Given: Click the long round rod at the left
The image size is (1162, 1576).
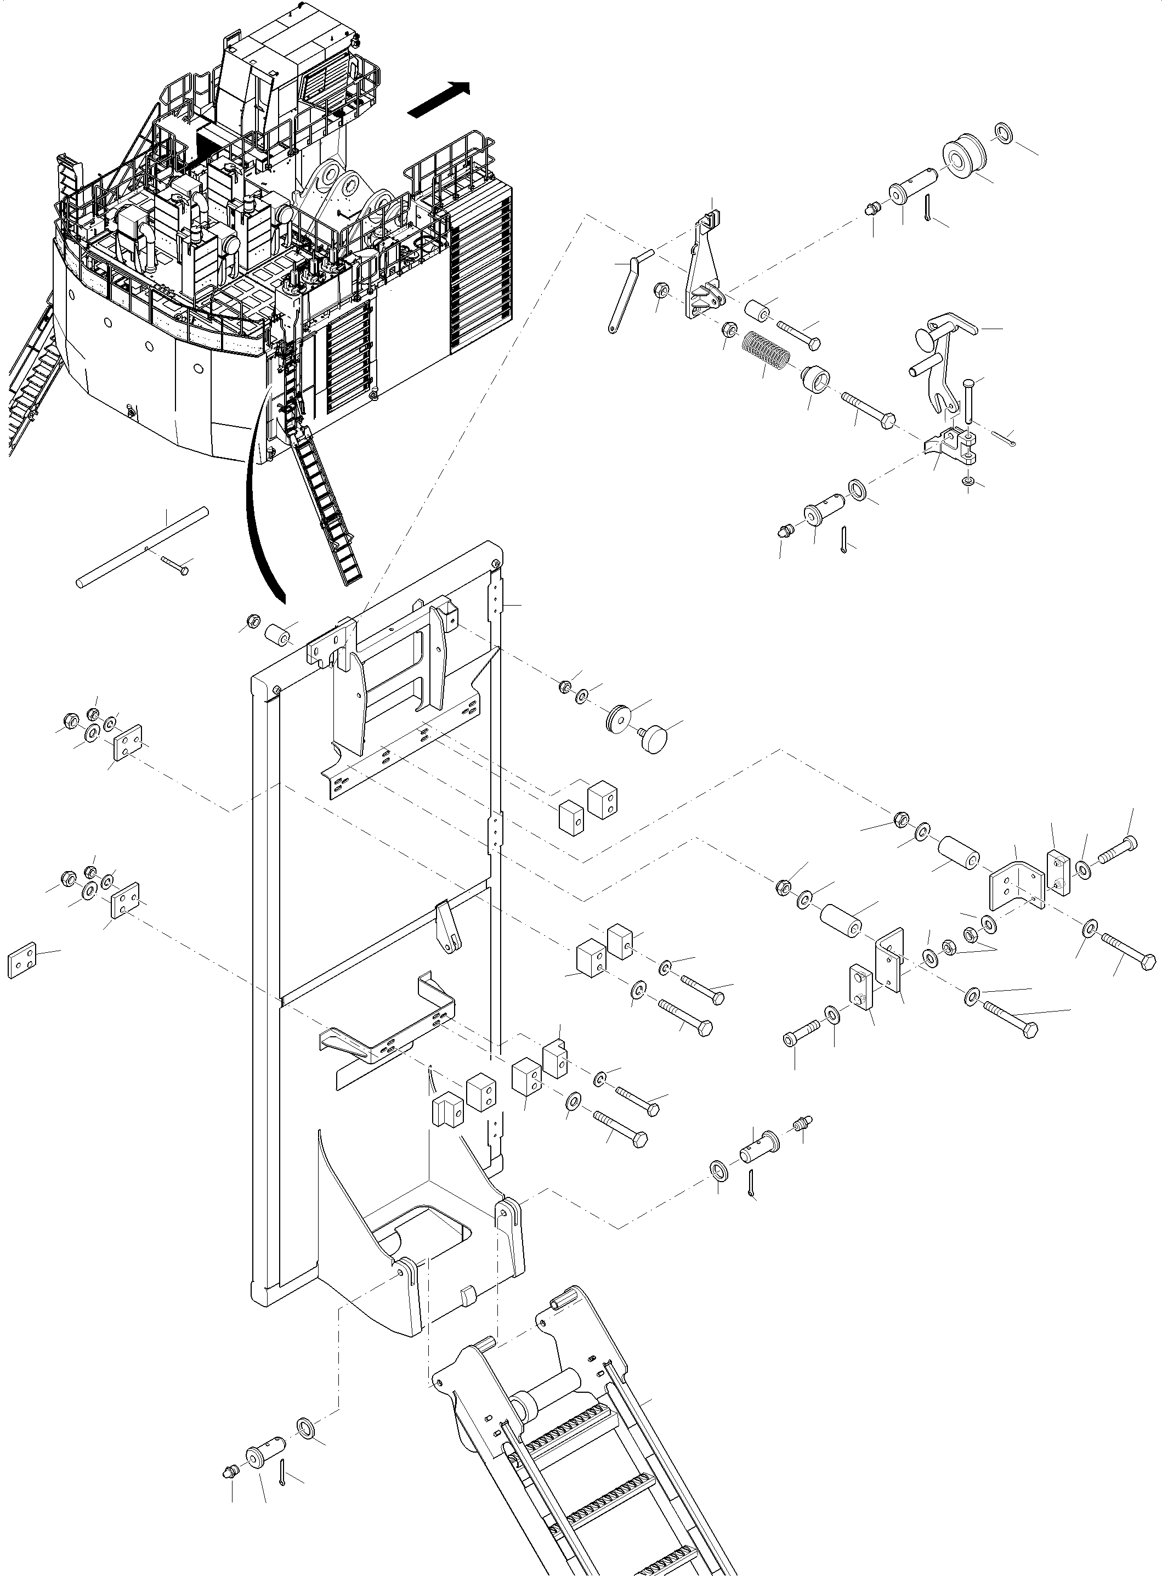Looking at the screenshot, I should [142, 547].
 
